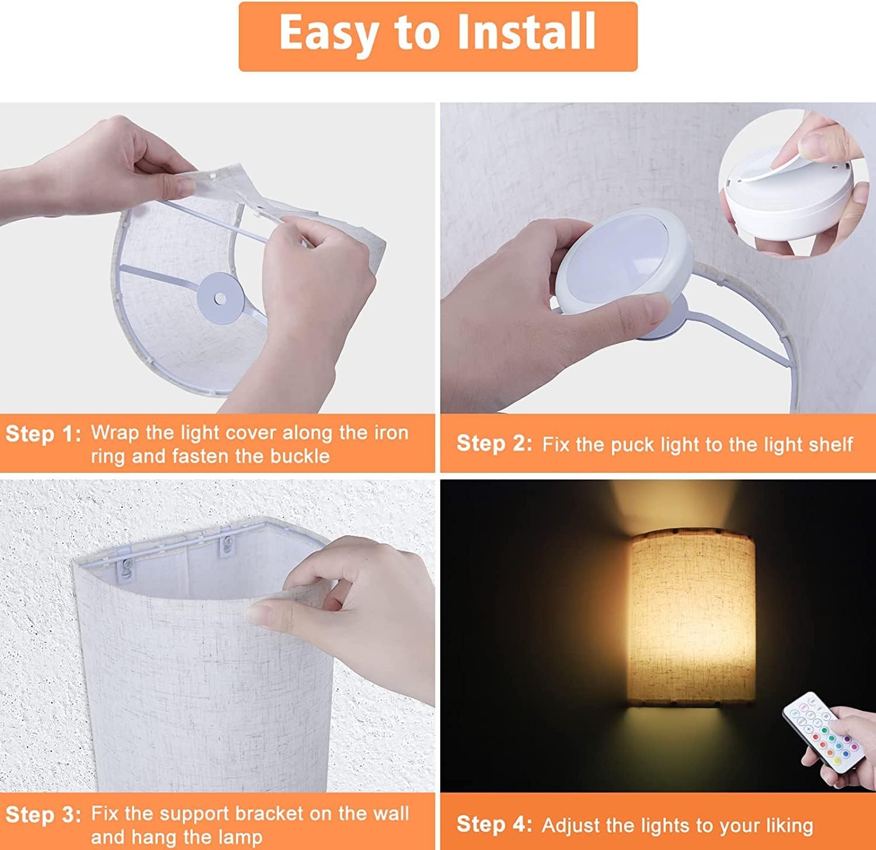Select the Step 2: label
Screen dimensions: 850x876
click(x=494, y=444)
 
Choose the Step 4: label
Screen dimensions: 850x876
click(x=494, y=824)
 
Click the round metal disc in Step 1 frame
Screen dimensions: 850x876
click(x=220, y=298)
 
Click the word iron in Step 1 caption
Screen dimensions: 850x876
click(x=391, y=433)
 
